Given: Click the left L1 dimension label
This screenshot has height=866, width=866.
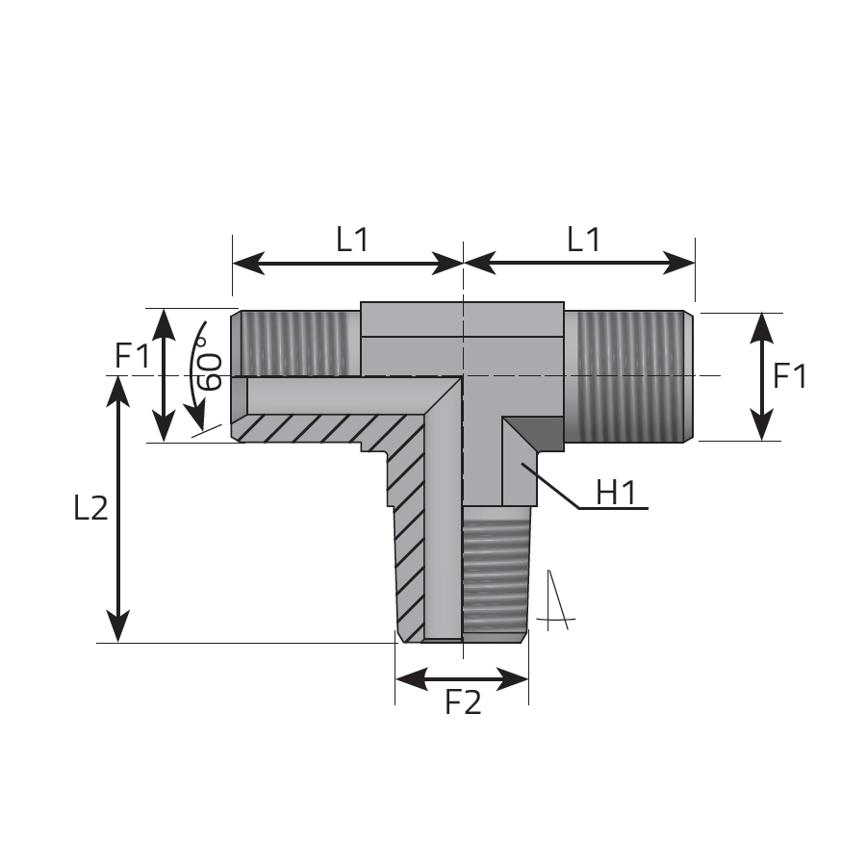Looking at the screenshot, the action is point(352,240).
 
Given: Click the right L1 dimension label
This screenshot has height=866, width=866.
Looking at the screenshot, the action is point(583,240).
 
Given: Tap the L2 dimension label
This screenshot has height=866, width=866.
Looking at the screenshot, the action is point(90,507).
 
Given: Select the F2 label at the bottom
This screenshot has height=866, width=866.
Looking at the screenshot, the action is point(463,702).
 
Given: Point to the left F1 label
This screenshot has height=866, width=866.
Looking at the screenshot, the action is point(132,355).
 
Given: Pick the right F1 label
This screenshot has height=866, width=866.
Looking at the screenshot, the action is point(790,375).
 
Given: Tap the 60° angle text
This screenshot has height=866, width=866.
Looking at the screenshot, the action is point(210,364).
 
